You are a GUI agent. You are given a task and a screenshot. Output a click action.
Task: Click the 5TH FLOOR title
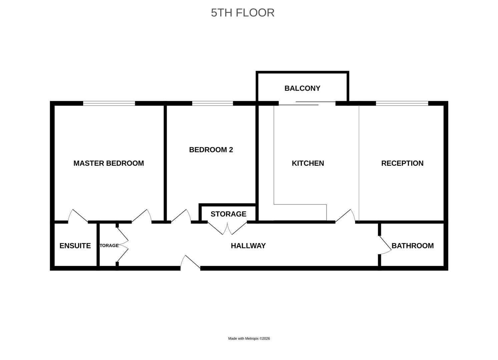coord(242,13)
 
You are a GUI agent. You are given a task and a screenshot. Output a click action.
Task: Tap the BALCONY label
coord(302,88)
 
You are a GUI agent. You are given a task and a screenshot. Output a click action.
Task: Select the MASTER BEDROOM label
coord(108,163)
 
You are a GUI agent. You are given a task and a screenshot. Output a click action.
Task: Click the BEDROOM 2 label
coord(211,150)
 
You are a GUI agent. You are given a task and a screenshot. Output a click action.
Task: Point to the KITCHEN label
coord(308,163)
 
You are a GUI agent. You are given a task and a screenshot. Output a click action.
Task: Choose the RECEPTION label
coord(402,163)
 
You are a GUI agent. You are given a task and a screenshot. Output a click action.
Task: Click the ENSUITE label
coord(75,246)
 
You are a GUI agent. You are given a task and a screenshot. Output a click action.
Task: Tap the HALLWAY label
coord(248,246)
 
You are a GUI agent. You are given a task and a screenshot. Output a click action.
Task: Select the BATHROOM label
coord(412,246)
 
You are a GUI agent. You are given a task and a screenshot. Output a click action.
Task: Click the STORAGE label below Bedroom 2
coord(228,214)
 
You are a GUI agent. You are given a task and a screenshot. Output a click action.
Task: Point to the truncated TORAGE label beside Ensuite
coord(109,246)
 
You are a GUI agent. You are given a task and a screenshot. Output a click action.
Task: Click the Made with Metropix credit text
coord(249,338)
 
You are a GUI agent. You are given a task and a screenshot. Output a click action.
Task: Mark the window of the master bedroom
coord(109,103)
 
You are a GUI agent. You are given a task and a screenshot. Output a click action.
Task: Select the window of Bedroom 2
coord(212,103)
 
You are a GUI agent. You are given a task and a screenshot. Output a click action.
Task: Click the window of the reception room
coord(402,103)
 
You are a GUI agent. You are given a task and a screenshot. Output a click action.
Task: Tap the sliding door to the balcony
coord(307,103)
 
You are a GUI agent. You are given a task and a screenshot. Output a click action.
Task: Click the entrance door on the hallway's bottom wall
coord(190,262)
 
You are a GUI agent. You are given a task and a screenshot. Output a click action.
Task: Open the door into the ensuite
coord(78,216)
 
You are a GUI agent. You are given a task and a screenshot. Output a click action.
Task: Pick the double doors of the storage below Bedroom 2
coord(227,228)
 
